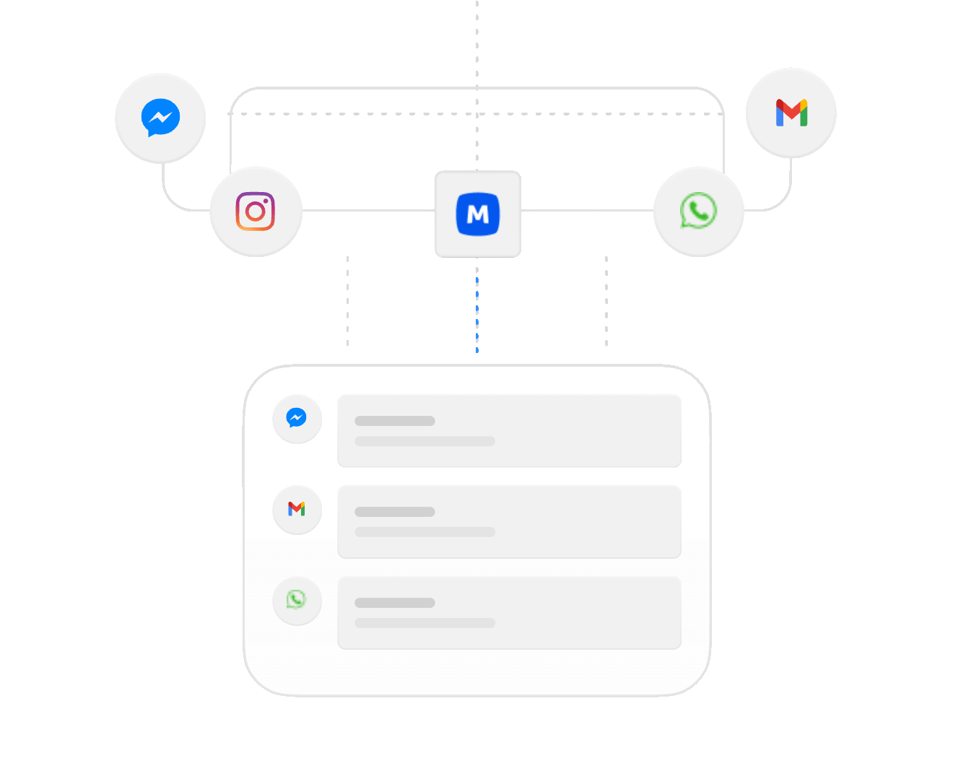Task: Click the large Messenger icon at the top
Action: click(160, 118)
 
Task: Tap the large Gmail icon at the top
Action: click(791, 113)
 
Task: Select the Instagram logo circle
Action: click(256, 212)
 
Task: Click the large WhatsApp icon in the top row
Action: click(698, 212)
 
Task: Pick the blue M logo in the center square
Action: click(478, 214)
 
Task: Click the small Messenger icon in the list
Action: click(297, 419)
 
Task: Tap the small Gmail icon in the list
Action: click(297, 510)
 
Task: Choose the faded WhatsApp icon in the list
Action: click(297, 600)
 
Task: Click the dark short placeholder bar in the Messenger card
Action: click(395, 421)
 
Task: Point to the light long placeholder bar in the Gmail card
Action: click(425, 532)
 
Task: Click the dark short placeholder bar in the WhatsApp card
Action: click(395, 603)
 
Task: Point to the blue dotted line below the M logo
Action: click(477, 314)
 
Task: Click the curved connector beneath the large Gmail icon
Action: click(787, 191)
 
